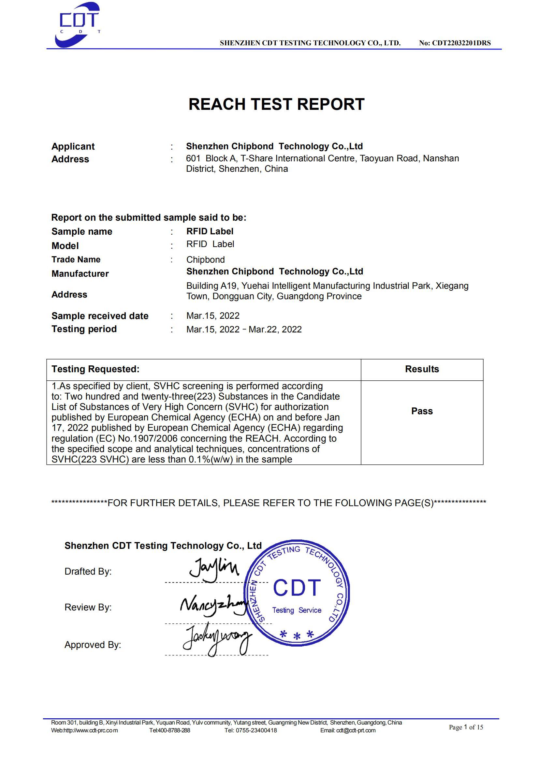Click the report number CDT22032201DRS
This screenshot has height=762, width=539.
pos(461,43)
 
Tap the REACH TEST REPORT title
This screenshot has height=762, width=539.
pos(276,104)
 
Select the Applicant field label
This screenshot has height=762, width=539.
pos(73,146)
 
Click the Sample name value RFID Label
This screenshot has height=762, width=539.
pos(210,231)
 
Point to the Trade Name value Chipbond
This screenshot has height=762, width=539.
pos(205,259)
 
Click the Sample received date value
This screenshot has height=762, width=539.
pos(213,315)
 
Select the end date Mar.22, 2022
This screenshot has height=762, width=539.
pos(275,330)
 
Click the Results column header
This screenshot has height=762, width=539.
pos(422,369)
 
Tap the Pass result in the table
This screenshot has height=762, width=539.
pos(422,411)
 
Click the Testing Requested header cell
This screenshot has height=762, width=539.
pos(95,369)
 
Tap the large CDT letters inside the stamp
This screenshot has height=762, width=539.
pos(297,588)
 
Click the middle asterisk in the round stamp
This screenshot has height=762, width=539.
pos(297,636)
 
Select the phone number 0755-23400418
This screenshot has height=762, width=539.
pos(256,730)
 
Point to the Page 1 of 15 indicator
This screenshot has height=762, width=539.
pos(466,727)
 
